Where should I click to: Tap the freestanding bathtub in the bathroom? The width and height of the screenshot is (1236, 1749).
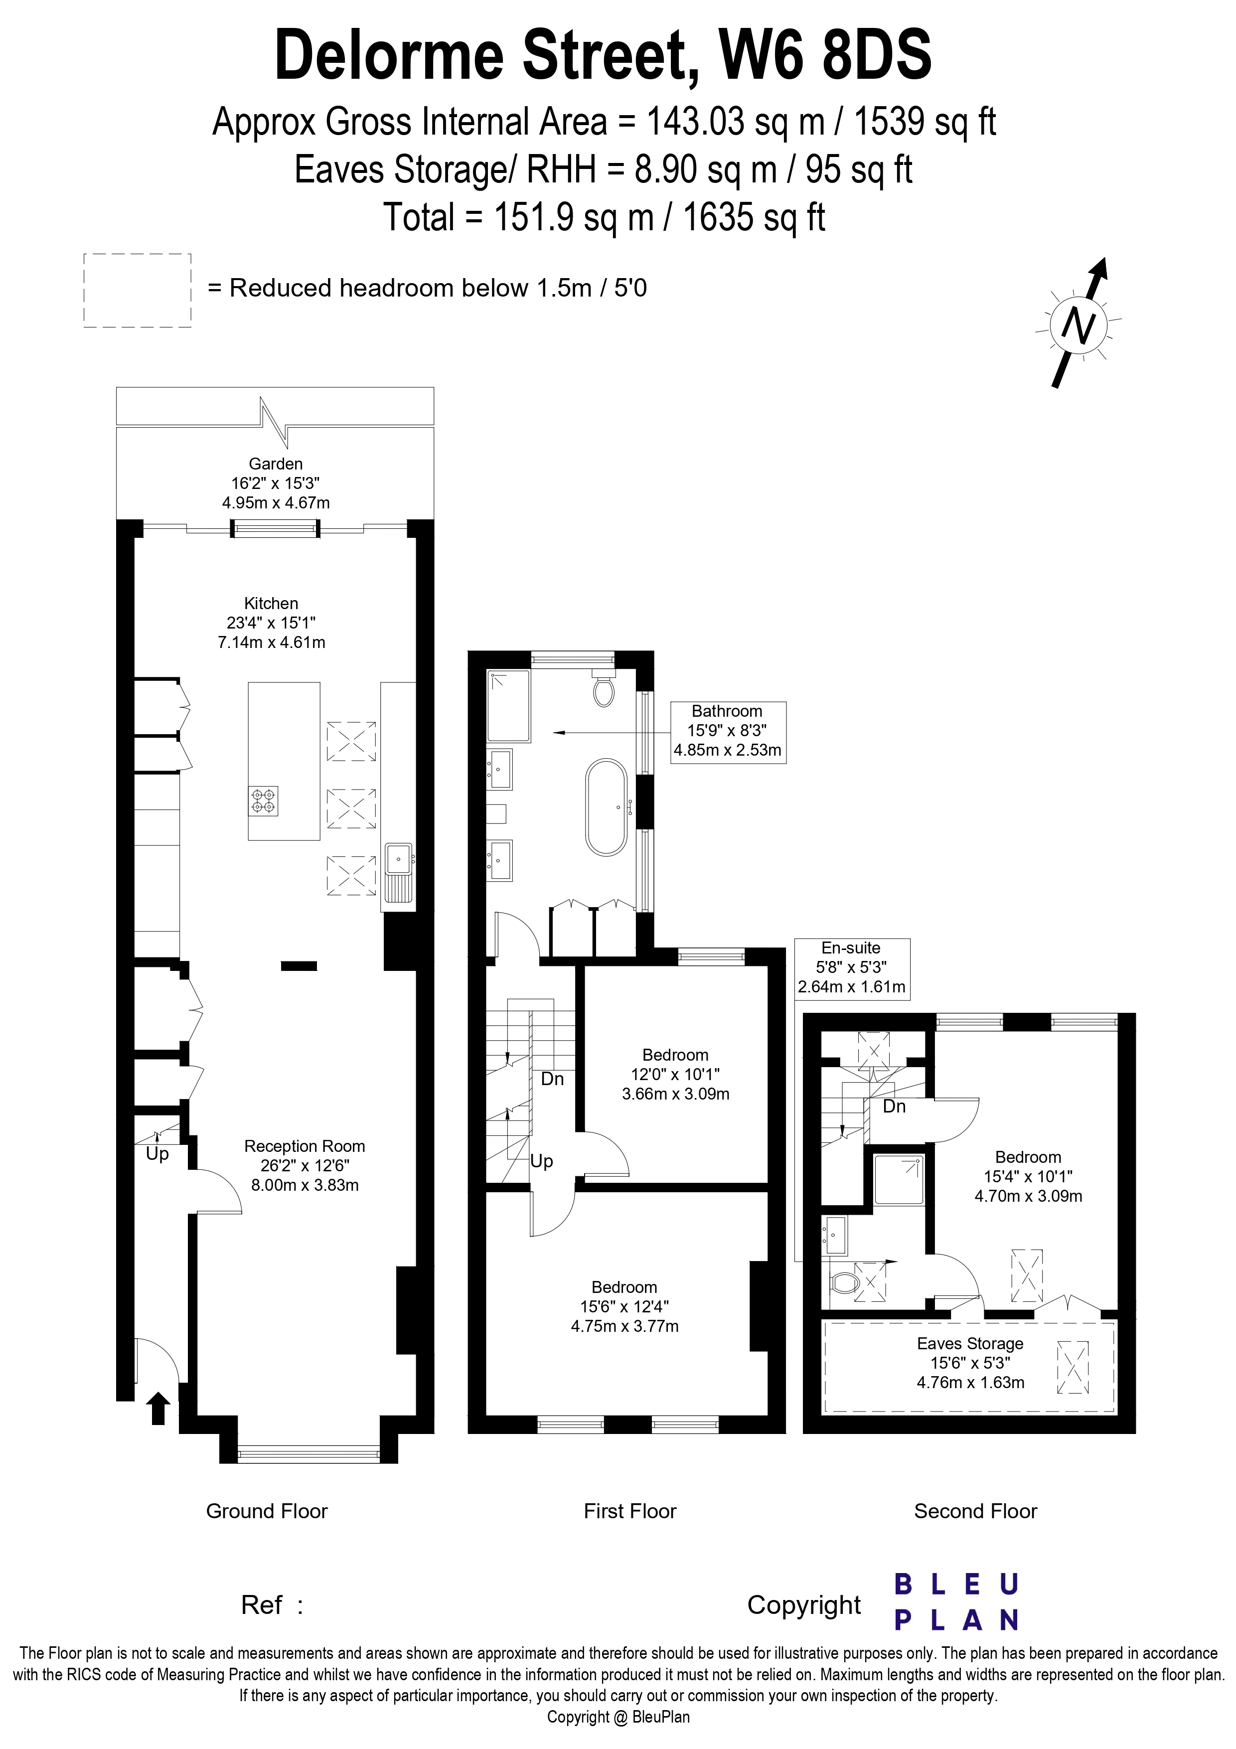606,806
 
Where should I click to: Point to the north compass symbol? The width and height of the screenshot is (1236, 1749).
1078,325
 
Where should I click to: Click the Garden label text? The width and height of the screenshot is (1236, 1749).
276,464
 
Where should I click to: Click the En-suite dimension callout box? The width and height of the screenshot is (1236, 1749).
851,967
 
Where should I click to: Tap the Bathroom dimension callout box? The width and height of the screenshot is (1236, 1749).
727,731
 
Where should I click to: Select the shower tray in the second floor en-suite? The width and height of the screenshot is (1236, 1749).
899,1179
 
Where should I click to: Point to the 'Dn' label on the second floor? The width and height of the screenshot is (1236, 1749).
894,1106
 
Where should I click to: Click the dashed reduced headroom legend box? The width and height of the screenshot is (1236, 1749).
137,290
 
